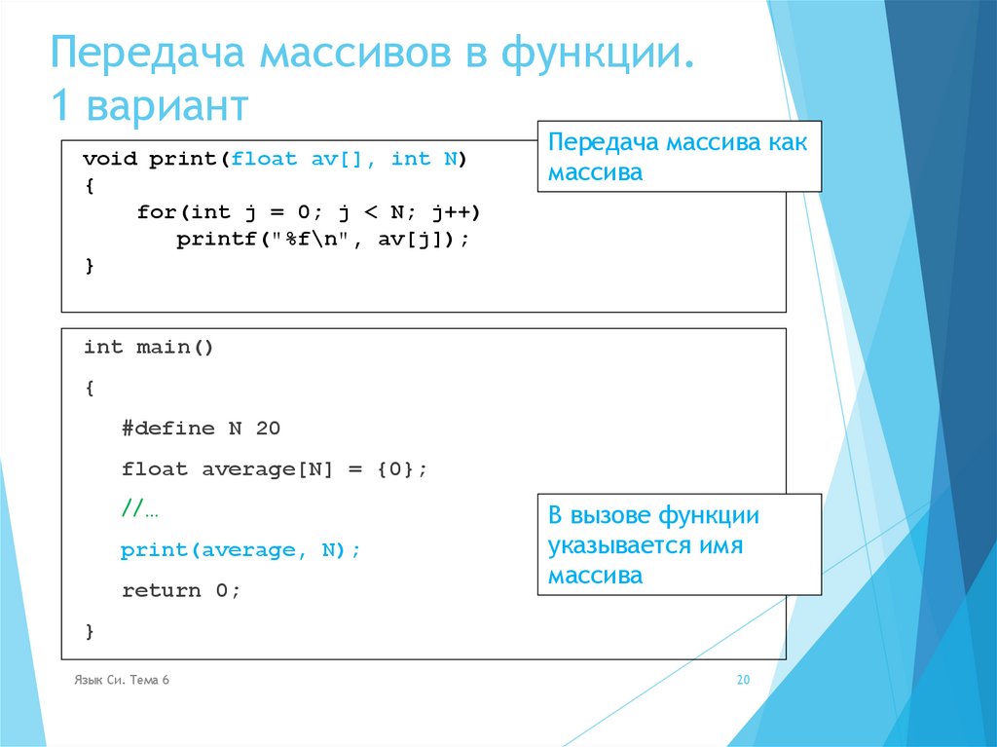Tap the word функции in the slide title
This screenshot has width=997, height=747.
point(594,56)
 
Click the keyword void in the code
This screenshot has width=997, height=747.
point(109,159)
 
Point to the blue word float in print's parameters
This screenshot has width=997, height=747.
point(264,159)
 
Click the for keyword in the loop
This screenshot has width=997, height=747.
point(157,212)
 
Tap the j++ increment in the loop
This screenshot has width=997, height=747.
point(457,212)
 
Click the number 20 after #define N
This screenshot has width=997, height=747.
point(268,429)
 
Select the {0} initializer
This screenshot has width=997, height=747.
point(395,469)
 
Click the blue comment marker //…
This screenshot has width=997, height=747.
point(140,508)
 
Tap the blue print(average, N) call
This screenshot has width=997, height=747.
point(240,550)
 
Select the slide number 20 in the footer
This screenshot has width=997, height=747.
point(743,680)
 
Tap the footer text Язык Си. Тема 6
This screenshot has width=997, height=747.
point(121,680)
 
